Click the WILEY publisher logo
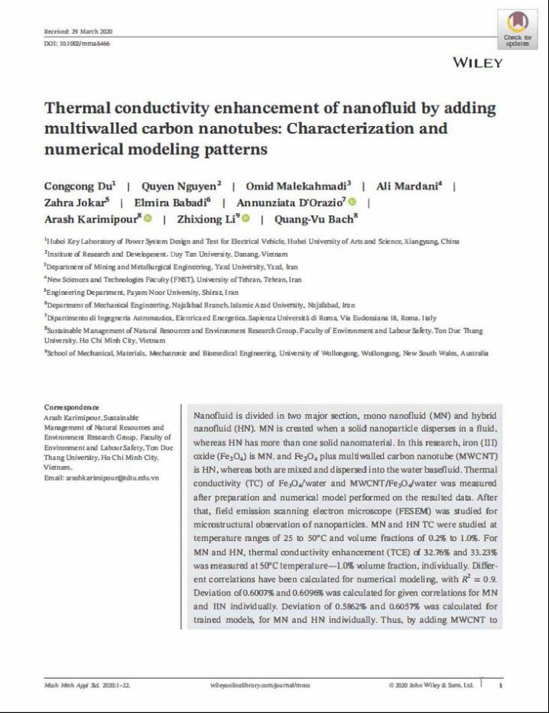tap(478, 62)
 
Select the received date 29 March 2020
tap(79, 31)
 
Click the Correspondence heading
tap(72, 407)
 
